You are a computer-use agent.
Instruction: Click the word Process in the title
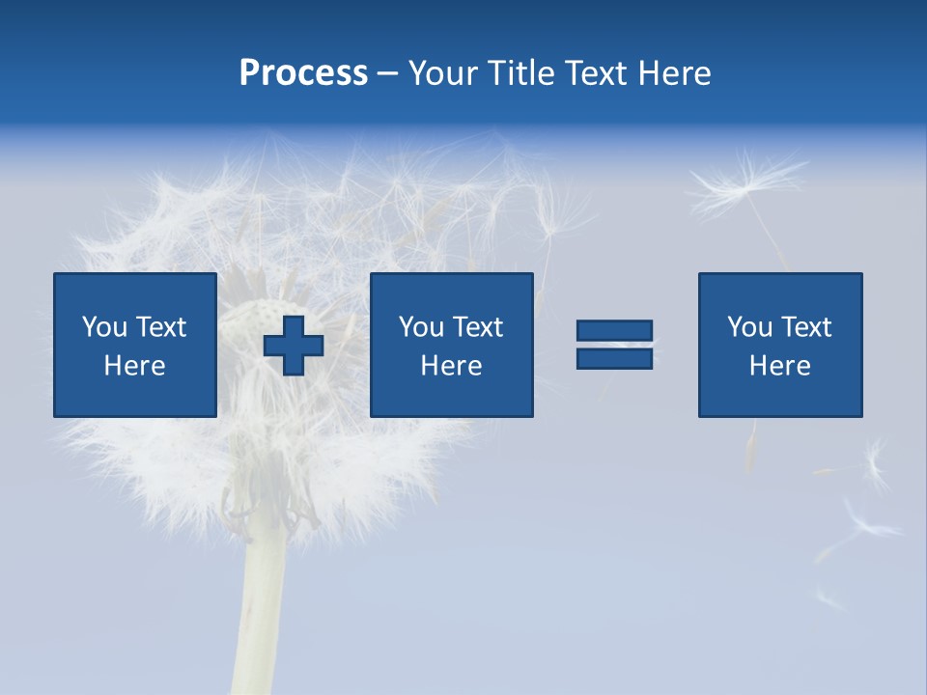pyautogui.click(x=303, y=73)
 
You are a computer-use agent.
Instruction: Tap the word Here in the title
pyautogui.click(x=673, y=73)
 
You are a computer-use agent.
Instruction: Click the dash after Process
pyautogui.click(x=388, y=74)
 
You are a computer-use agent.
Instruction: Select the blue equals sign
pyautogui.click(x=614, y=345)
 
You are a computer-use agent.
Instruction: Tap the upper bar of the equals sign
pyautogui.click(x=614, y=331)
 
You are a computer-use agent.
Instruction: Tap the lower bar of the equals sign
pyautogui.click(x=614, y=358)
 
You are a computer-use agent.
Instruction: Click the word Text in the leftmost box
pyautogui.click(x=161, y=327)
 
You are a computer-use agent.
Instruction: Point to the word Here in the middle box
pyautogui.click(x=451, y=366)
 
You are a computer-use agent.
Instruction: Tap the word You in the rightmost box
pyautogui.click(x=749, y=327)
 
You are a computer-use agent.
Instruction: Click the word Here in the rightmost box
pyautogui.click(x=780, y=366)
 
